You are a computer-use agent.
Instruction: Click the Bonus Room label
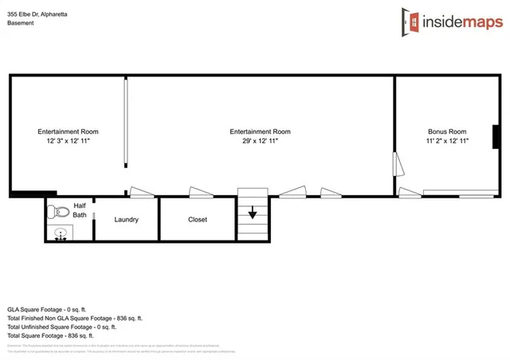coord(446,131)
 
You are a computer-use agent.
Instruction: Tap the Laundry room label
coord(127,219)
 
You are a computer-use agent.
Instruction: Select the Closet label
coord(198,219)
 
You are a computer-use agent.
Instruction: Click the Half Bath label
coord(80,209)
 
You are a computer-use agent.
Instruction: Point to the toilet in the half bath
coord(57,213)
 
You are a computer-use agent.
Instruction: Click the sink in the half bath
coord(59,234)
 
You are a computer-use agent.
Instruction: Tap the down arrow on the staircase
coord(252,213)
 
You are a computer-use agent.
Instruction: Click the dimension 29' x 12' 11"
coord(260,141)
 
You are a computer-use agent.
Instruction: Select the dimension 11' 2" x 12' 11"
coord(446,141)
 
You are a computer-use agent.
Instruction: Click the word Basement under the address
coord(21,23)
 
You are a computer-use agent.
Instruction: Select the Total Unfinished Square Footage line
coord(61,326)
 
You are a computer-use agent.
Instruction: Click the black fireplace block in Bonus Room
coord(496,136)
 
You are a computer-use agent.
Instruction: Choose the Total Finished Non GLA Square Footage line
coord(74,317)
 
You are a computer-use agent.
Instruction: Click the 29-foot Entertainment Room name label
coord(260,131)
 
